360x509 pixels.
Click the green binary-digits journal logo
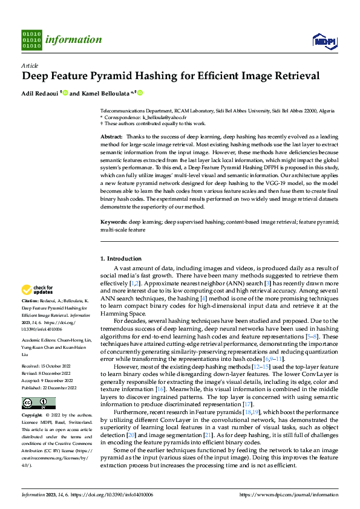(31, 39)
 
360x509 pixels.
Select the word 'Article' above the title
(30, 65)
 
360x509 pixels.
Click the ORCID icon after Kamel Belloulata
(140, 93)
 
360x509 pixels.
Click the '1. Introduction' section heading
(121, 258)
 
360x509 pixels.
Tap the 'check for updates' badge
(38, 290)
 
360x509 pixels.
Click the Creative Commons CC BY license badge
(38, 403)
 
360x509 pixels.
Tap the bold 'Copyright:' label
(32, 416)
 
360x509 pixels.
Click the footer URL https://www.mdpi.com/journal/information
(289, 494)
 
